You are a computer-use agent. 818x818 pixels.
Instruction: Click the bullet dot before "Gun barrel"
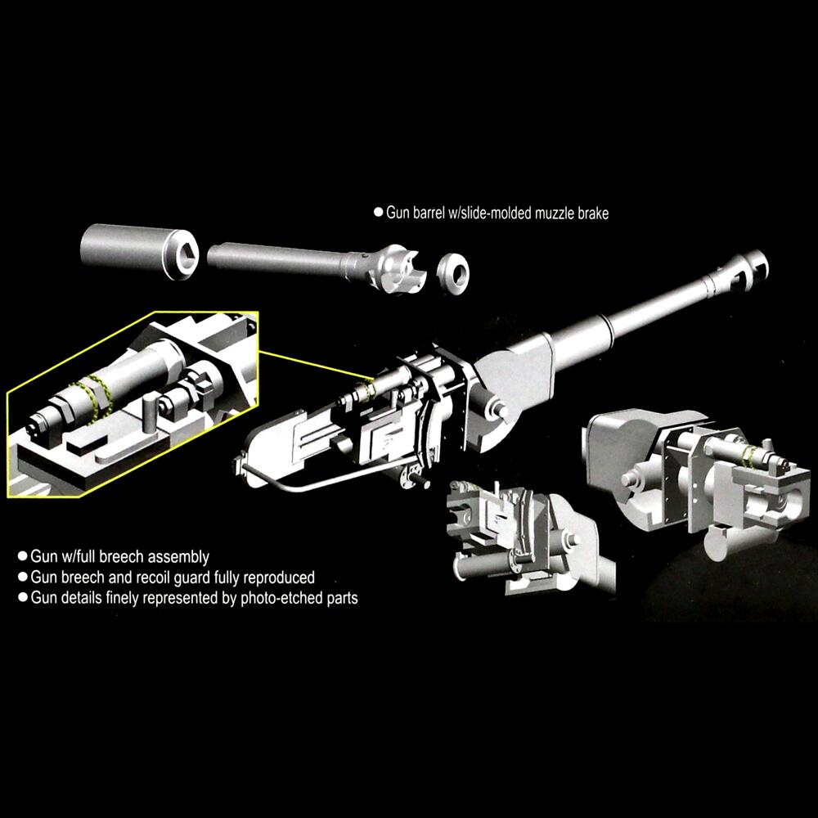coord(378,213)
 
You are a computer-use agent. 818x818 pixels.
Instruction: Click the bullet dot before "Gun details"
coord(23,598)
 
